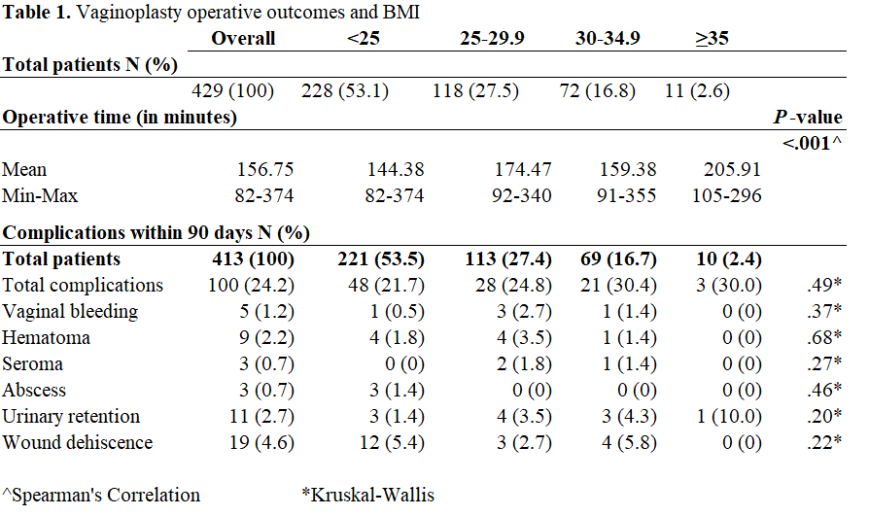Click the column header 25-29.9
click(493, 39)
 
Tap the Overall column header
click(243, 39)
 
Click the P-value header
click(808, 118)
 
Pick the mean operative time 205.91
click(730, 170)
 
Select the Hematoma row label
click(47, 338)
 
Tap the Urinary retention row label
click(71, 417)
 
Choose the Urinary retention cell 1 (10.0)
click(727, 417)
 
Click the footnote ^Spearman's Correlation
click(102, 495)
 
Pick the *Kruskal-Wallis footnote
click(367, 495)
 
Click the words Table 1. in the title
click(38, 13)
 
